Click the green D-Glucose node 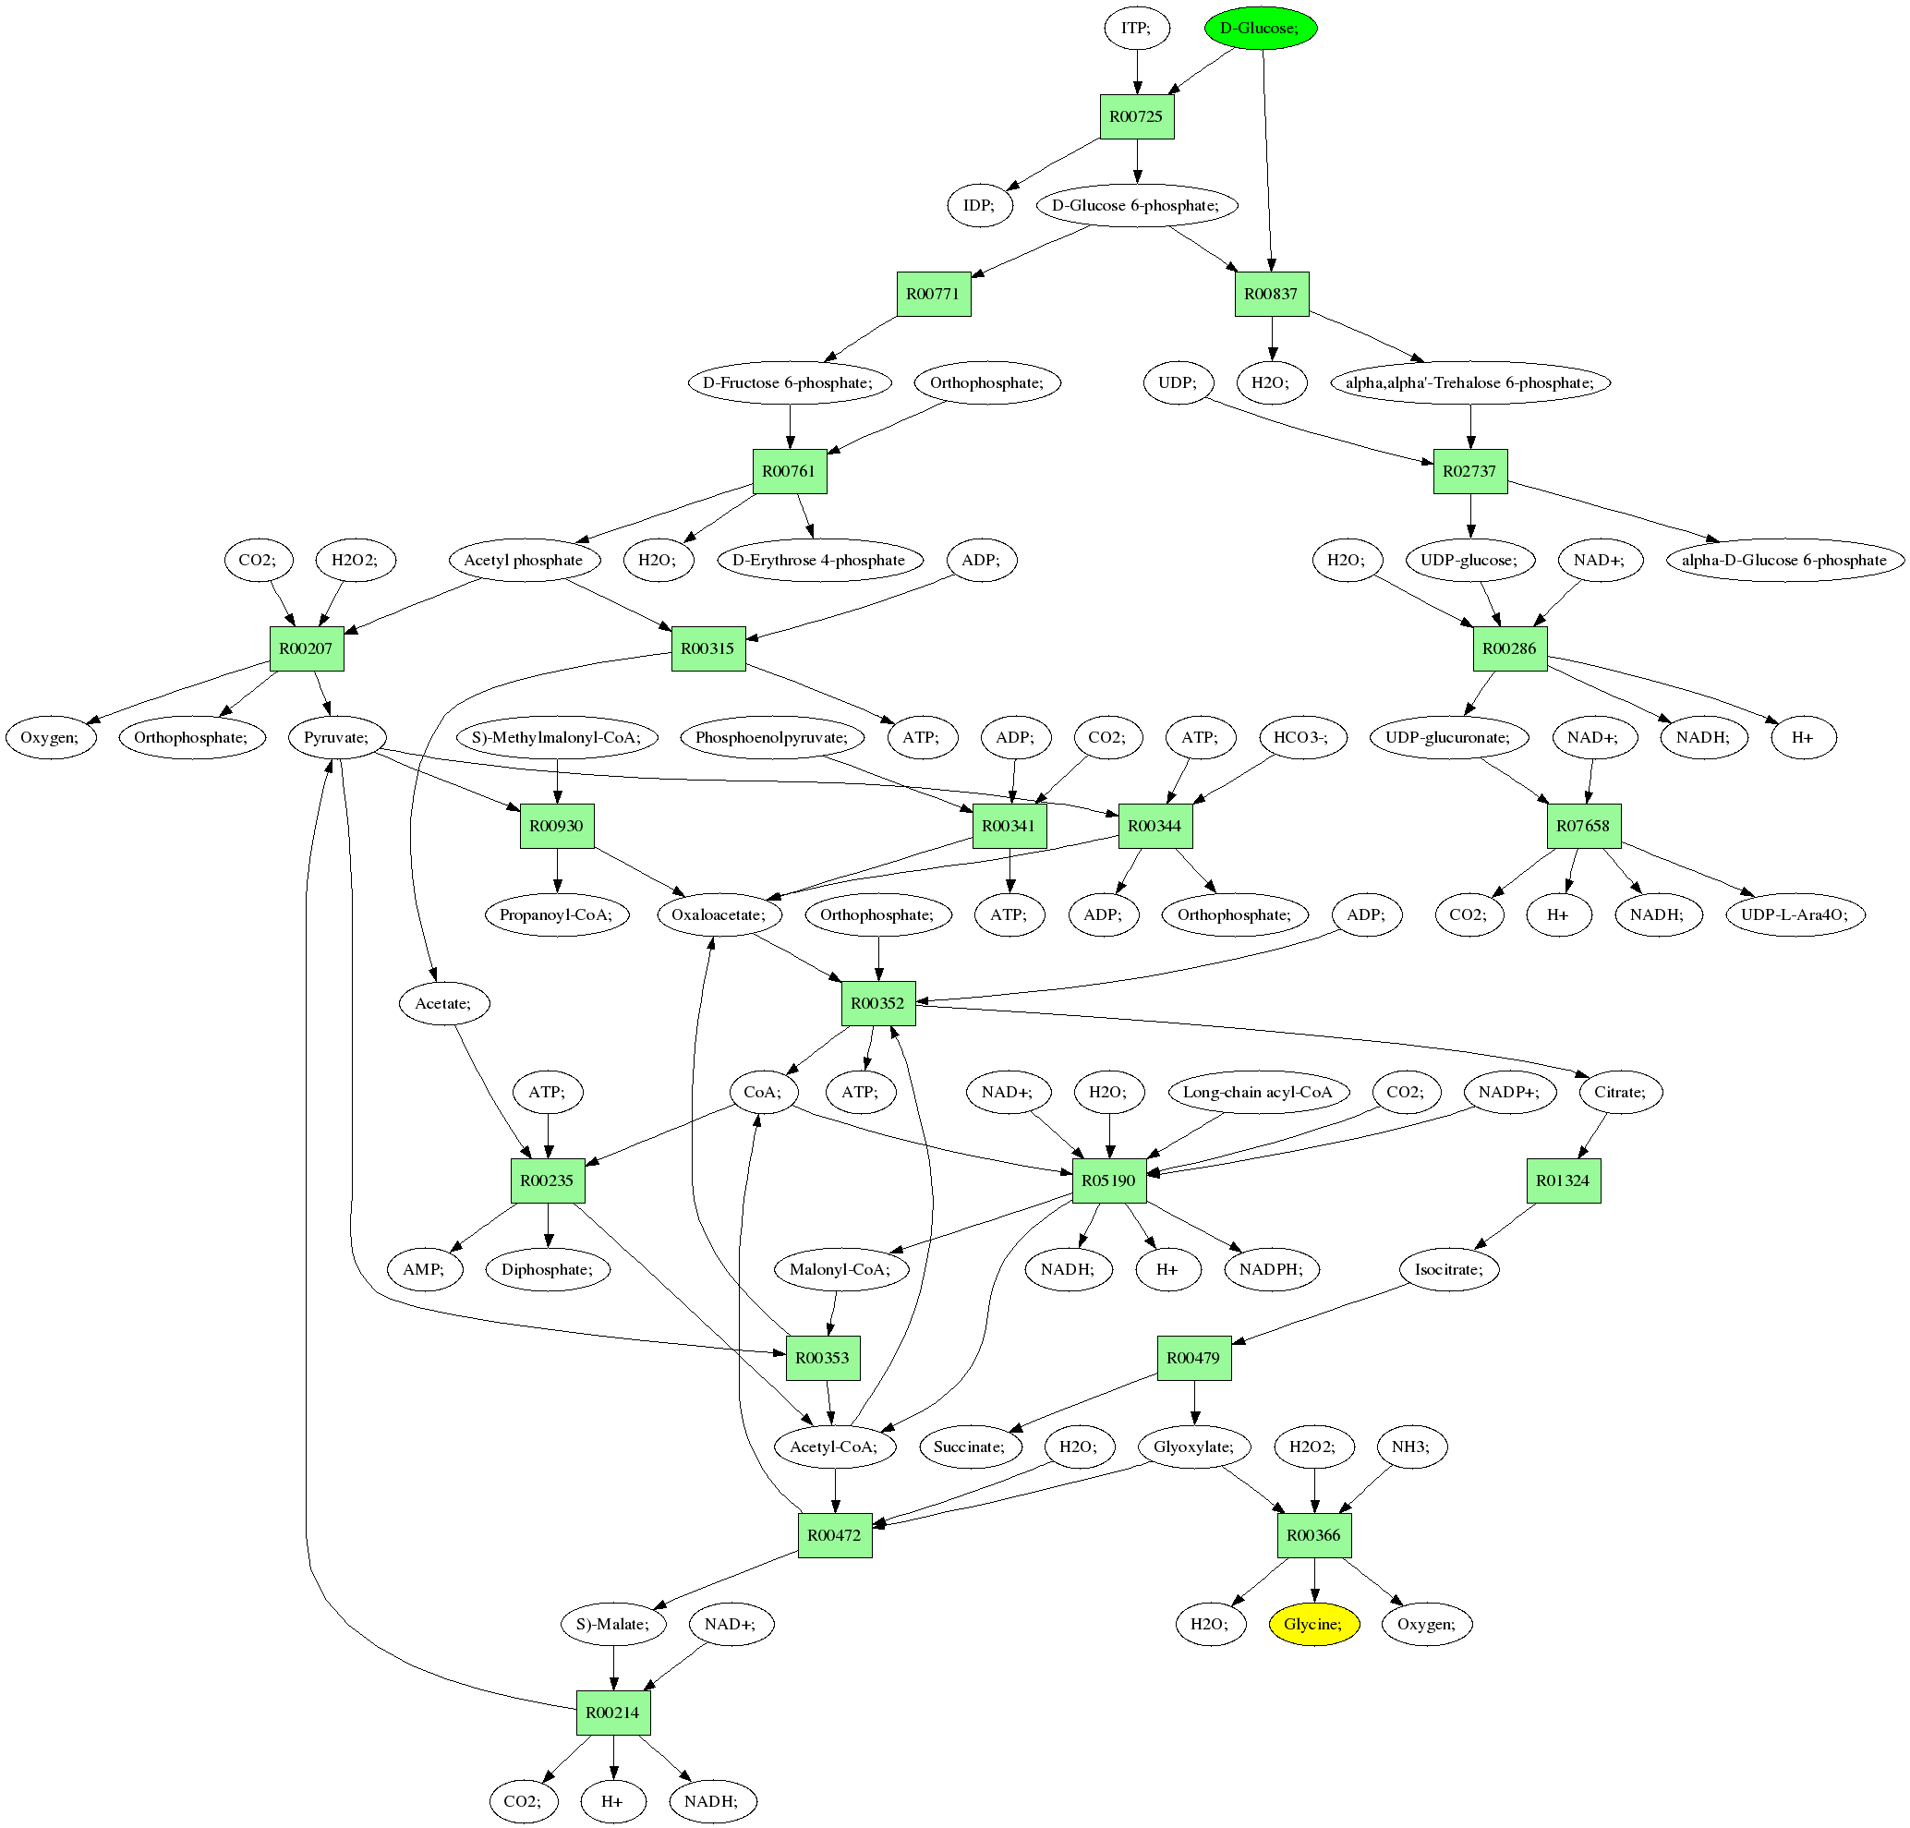[1260, 29]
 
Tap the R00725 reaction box [1136, 117]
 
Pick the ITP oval [1135, 29]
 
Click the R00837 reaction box [1271, 295]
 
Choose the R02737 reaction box [1469, 472]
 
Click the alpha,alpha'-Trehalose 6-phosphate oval [1469, 383]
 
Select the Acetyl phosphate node [524, 561]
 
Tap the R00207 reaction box [306, 649]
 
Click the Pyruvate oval [336, 738]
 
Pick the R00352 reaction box [878, 1004]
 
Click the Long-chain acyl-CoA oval [1257, 1093]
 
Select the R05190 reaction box [1109, 1181]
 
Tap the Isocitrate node [1448, 1270]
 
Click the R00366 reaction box [1313, 1536]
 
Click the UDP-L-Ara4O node [1794, 915]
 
